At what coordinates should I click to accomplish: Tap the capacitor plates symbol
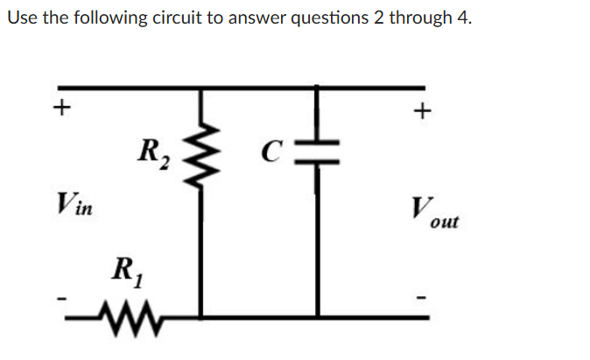pyautogui.click(x=318, y=153)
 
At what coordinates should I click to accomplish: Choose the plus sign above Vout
pyautogui.click(x=423, y=110)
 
